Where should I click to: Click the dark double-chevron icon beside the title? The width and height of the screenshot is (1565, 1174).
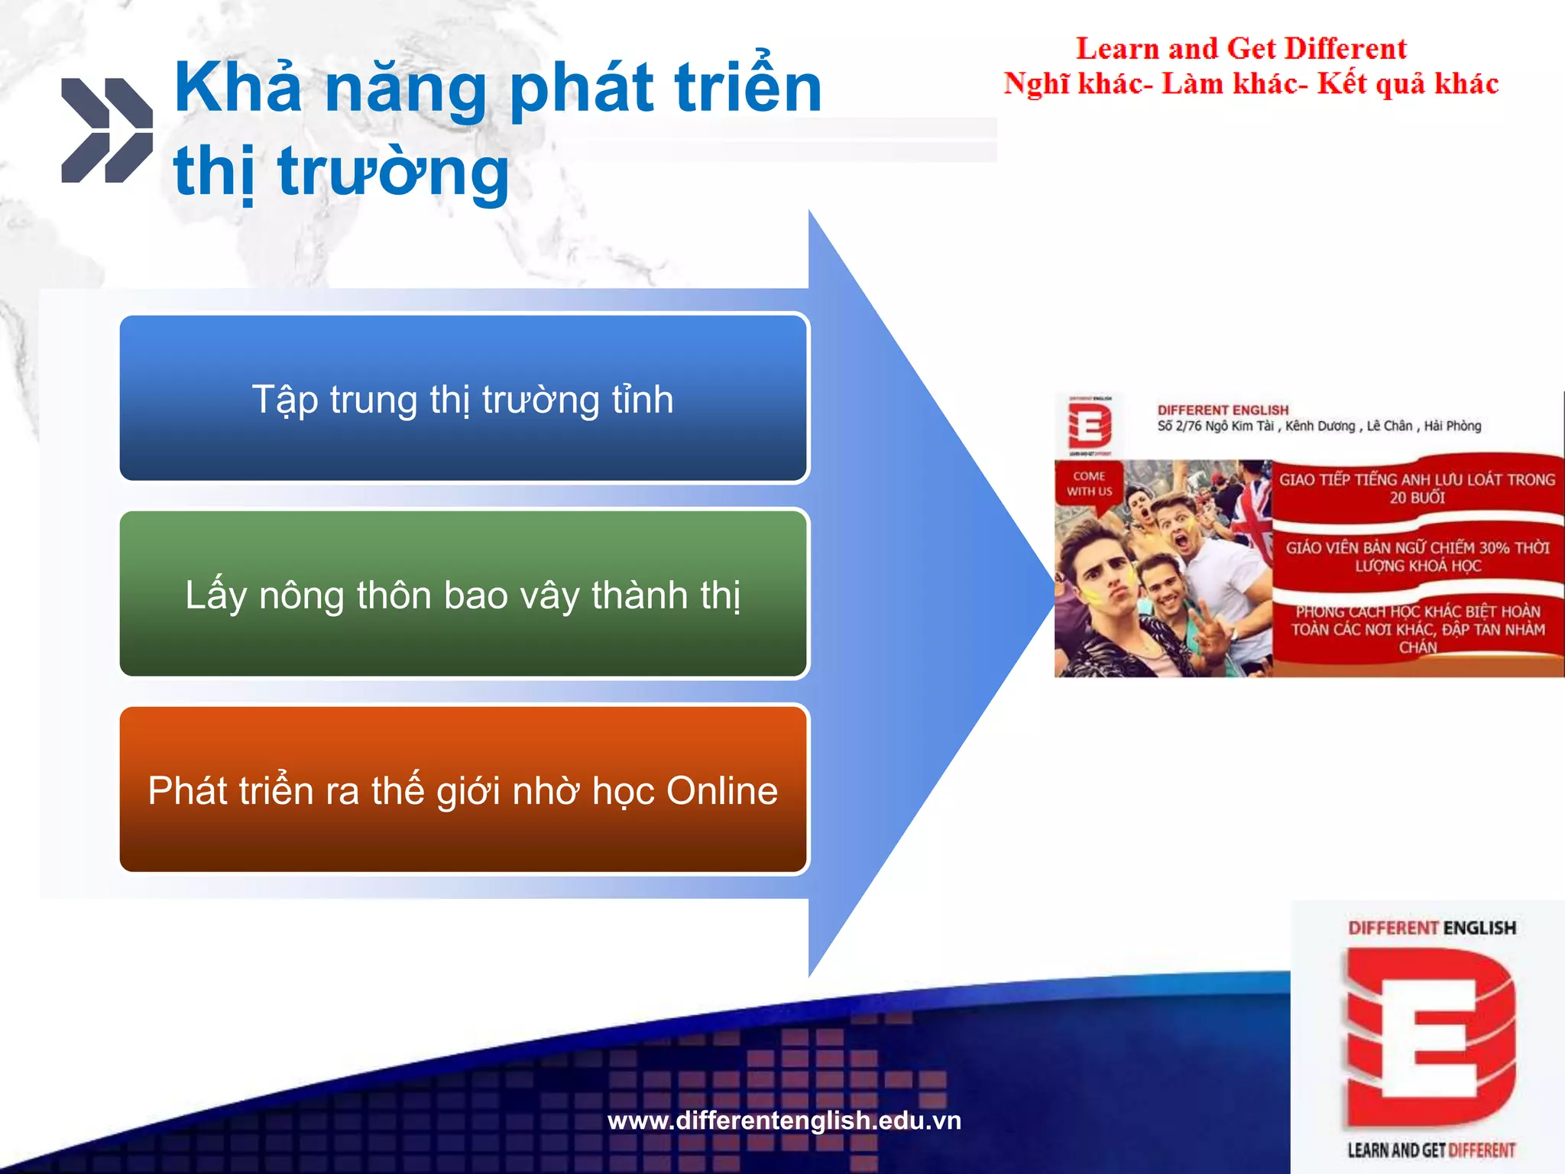tap(107, 131)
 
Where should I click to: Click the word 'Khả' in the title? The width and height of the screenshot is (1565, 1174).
tap(238, 88)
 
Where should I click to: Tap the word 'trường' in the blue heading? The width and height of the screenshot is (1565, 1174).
tap(393, 171)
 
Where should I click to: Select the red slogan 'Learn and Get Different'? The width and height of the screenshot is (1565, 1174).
tap(1241, 49)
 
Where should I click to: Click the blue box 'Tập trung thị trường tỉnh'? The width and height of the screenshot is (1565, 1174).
tap(463, 398)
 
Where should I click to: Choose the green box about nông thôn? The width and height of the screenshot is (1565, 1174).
tap(463, 594)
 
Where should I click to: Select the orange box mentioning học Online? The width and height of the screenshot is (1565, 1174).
tap(463, 790)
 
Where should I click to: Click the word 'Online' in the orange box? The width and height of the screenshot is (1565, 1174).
tap(721, 791)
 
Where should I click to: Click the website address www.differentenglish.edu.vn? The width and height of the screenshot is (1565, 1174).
tap(784, 1120)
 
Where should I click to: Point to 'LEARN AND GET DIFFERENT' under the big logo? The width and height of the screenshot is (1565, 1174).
tap(1431, 1150)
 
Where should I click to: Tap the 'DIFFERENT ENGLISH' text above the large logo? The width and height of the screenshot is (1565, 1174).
tap(1431, 928)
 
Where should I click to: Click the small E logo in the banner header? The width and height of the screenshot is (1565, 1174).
tap(1089, 426)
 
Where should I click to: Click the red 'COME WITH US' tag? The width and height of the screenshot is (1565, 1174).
tap(1089, 484)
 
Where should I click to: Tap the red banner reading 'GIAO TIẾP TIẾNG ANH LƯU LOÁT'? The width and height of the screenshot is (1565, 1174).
tap(1417, 488)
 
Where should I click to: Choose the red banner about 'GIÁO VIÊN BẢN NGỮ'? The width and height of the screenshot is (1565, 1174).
tap(1417, 556)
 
